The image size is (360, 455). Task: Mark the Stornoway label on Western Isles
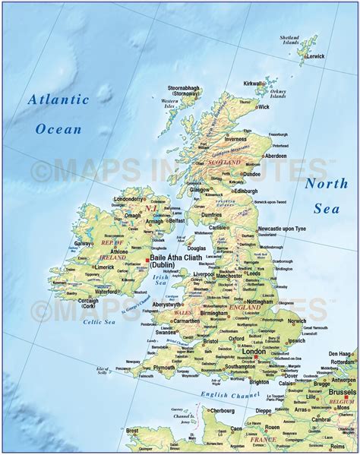tap(180, 93)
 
